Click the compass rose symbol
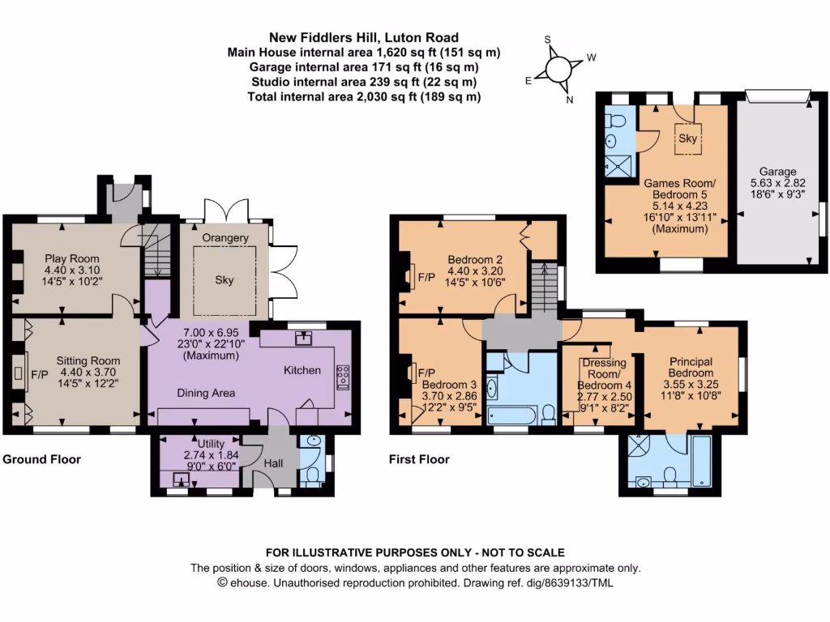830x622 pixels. [559, 69]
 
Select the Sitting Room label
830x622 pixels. [88, 360]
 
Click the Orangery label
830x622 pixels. [225, 238]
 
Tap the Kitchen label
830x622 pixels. [302, 370]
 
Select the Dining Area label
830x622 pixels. [207, 393]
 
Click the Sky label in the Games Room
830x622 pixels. [687, 138]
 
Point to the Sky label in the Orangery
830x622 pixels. [225, 279]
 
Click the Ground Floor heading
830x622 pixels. [41, 459]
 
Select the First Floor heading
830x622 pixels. [419, 459]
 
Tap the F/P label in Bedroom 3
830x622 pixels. [425, 372]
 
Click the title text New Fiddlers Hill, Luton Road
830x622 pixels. [364, 37]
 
